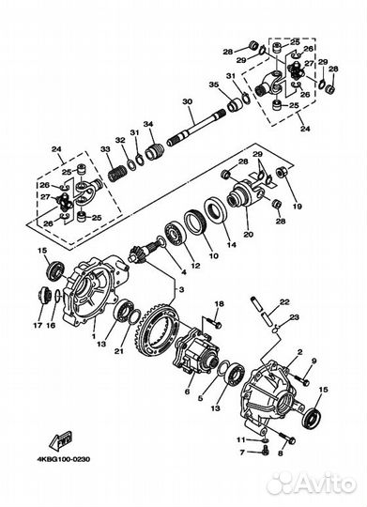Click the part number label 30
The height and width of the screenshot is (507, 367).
pos(187,101)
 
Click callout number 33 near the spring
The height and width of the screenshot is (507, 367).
pos(106,148)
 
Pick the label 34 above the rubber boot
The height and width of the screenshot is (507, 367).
pos(147,124)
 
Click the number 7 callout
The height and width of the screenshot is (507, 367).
pos(239,452)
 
